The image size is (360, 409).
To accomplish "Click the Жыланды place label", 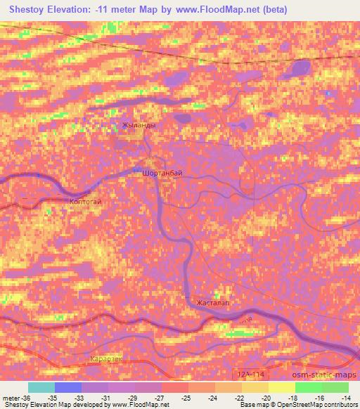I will [139, 125].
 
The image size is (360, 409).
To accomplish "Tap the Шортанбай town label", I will [162, 172].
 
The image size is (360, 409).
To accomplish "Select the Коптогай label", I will [86, 202].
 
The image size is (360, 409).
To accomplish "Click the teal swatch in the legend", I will [42, 387].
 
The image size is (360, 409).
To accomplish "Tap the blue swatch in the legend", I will [69, 387].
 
